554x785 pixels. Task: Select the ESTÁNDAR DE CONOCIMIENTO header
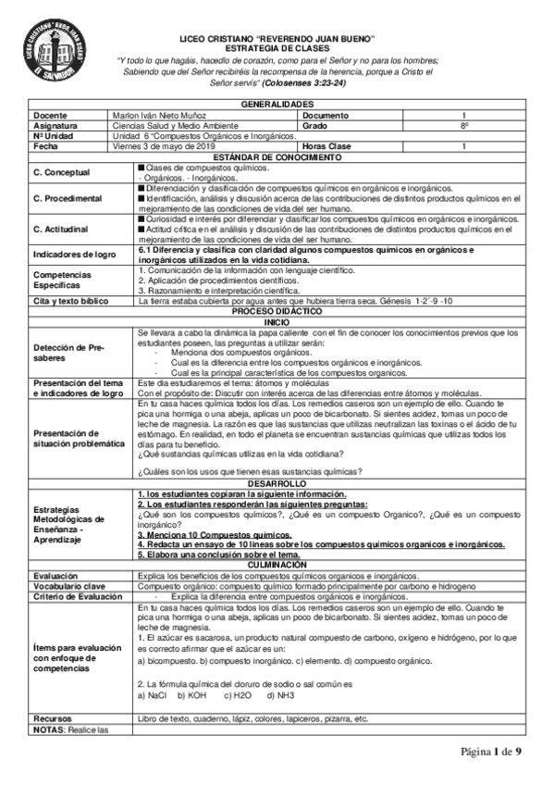[x=277, y=155]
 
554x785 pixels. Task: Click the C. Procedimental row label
[x=66, y=198]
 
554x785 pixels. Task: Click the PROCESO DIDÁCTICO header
[x=277, y=311]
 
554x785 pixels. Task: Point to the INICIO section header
[x=277, y=321]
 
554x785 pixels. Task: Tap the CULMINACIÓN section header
[x=277, y=566]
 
